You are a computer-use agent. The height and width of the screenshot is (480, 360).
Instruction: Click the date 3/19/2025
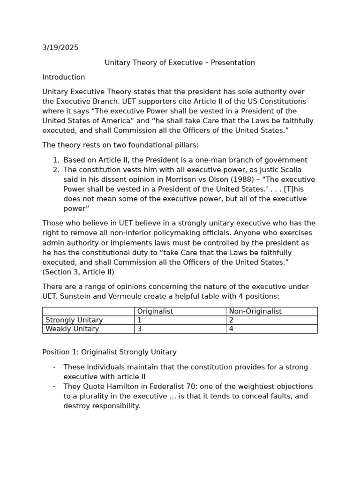[60, 48]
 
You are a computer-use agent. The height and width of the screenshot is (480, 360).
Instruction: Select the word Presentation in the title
[232, 63]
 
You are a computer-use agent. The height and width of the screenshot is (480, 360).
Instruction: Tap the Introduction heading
[64, 77]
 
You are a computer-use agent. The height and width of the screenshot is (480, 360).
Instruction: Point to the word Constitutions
[282, 102]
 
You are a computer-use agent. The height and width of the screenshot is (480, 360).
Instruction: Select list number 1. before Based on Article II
[56, 160]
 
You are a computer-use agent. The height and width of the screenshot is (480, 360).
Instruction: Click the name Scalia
[291, 170]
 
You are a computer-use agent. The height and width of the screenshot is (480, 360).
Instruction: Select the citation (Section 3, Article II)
[78, 272]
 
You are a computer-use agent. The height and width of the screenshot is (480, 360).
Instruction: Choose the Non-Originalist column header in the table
[255, 311]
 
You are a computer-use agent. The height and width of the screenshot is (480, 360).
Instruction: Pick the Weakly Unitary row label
[72, 329]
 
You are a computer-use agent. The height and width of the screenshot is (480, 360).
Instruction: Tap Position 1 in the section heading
[59, 352]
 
